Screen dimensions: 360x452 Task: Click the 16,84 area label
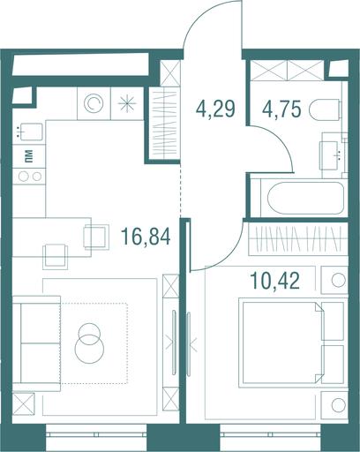146,237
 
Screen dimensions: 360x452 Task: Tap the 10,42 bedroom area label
274,281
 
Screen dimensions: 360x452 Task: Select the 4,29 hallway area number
215,109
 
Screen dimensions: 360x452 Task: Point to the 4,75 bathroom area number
281,109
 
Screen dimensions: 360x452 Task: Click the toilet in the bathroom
325,109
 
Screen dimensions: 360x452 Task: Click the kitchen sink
28,132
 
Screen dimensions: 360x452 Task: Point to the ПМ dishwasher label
29,156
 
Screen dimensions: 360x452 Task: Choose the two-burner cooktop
29,177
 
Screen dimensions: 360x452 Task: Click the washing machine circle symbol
94,103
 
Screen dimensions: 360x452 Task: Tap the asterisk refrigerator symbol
127,104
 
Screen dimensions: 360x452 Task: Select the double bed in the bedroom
293,343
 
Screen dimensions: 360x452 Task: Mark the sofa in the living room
36,343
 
